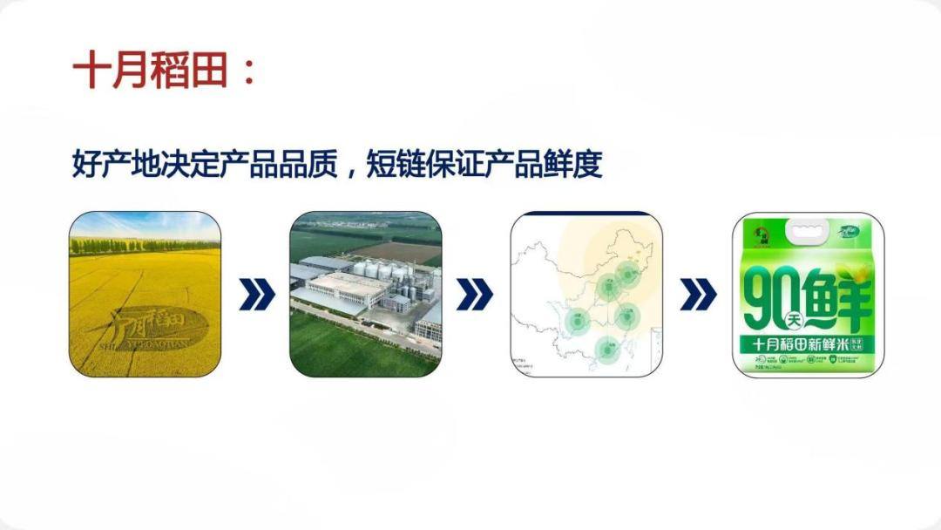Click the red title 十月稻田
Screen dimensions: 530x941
click(152, 70)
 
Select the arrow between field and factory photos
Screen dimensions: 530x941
click(256, 296)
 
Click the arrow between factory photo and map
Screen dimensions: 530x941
click(475, 296)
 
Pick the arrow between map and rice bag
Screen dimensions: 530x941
click(697, 296)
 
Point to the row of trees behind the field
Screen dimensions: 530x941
click(144, 245)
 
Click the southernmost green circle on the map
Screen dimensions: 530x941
click(606, 350)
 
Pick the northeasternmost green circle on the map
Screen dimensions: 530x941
click(627, 274)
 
